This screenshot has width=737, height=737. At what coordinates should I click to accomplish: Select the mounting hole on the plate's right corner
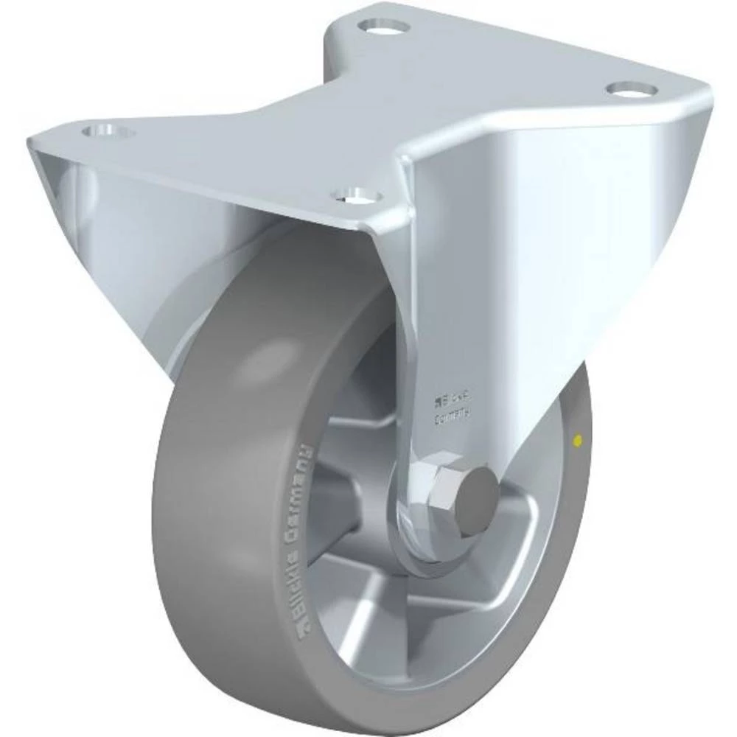coord(632,89)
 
